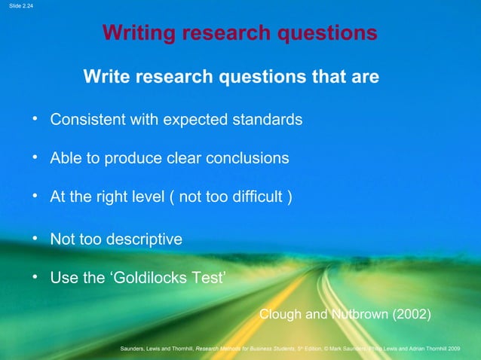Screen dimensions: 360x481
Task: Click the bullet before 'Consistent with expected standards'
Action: point(35,119)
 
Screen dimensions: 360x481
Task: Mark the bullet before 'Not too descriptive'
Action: point(35,239)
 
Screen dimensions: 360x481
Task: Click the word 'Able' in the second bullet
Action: point(64,159)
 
